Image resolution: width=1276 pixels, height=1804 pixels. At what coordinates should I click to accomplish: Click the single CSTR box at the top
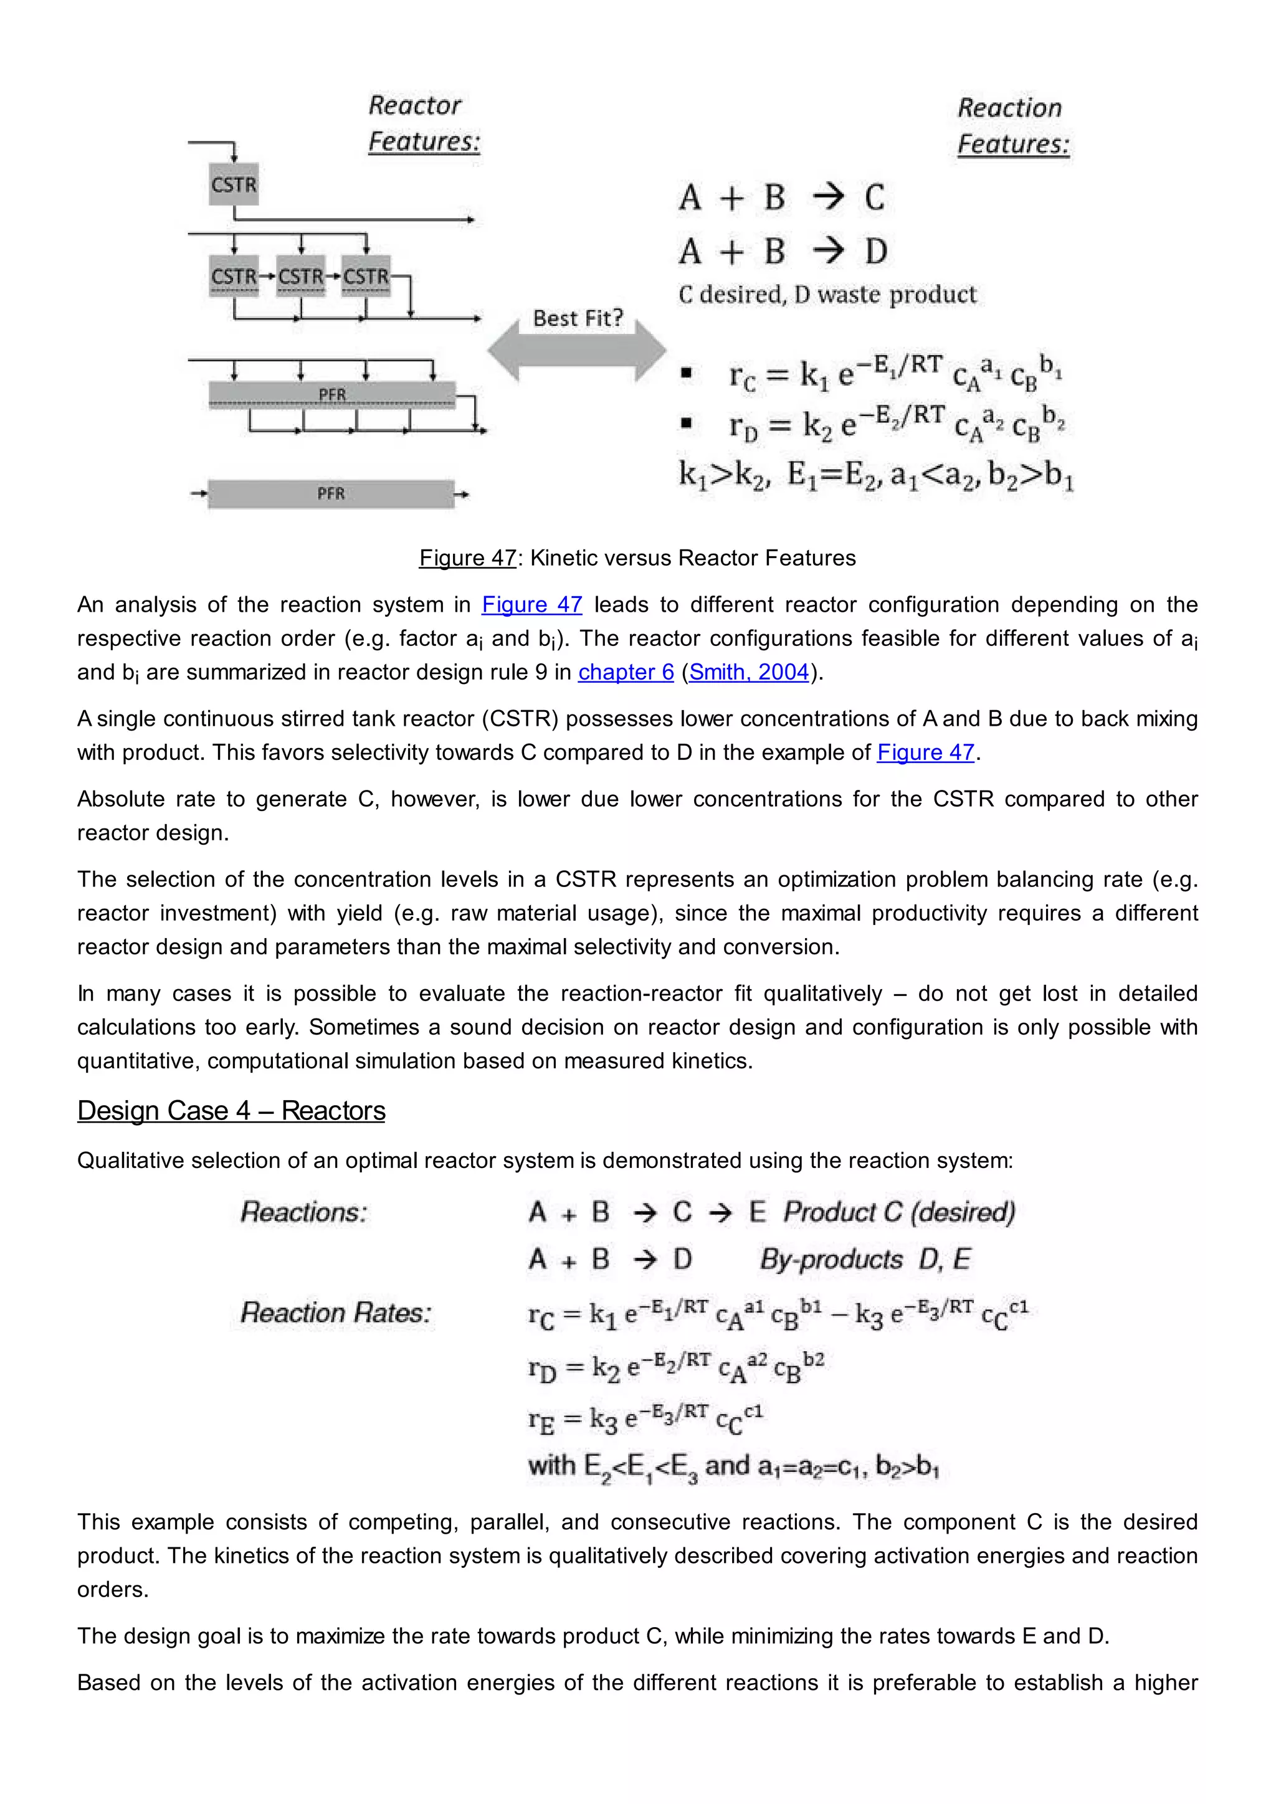[x=234, y=184]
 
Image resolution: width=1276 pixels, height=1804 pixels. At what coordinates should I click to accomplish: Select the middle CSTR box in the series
[x=300, y=277]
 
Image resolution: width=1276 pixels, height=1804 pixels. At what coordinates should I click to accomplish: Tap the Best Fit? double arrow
[x=577, y=349]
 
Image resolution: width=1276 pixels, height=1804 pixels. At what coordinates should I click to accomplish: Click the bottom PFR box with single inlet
[x=331, y=493]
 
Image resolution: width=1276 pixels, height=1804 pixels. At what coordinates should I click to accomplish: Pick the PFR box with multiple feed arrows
[x=331, y=394]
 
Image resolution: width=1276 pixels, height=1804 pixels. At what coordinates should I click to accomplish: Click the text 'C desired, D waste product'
[x=827, y=295]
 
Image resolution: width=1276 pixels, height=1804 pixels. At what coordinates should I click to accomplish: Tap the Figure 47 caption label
[x=467, y=558]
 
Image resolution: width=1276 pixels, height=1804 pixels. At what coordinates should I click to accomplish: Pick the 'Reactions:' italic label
[x=303, y=1212]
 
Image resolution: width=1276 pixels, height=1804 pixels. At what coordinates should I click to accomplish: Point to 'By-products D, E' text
[x=864, y=1260]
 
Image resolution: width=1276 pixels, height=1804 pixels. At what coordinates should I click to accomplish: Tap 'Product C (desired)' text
[x=899, y=1212]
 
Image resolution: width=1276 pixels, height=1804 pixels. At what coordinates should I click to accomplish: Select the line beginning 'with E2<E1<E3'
[x=733, y=1466]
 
